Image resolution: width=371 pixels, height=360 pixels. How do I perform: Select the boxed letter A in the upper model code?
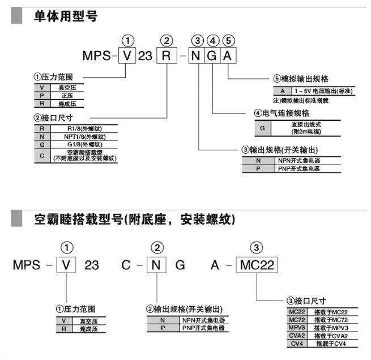click(228, 57)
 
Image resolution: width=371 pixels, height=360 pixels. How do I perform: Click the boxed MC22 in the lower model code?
click(257, 265)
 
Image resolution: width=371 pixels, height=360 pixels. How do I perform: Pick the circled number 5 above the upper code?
click(228, 40)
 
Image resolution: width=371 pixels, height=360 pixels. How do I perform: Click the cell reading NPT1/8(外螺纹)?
click(84, 137)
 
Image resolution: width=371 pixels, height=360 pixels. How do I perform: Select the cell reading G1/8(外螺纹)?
click(84, 144)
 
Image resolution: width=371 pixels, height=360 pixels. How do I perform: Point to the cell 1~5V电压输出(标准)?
click(322, 91)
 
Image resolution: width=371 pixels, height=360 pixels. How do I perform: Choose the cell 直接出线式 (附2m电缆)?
click(306, 128)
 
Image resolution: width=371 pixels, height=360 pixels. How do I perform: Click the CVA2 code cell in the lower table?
click(297, 336)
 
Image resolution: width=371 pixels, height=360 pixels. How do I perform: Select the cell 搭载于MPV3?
click(330, 328)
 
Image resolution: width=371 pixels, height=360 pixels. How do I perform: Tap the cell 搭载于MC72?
click(330, 320)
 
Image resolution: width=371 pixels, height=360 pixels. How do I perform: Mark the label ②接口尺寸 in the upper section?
click(52, 118)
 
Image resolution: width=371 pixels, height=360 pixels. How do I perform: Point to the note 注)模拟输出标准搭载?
click(301, 100)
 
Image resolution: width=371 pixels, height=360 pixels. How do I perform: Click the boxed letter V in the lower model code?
click(67, 265)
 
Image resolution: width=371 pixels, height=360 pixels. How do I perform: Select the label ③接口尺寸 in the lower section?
click(306, 300)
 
